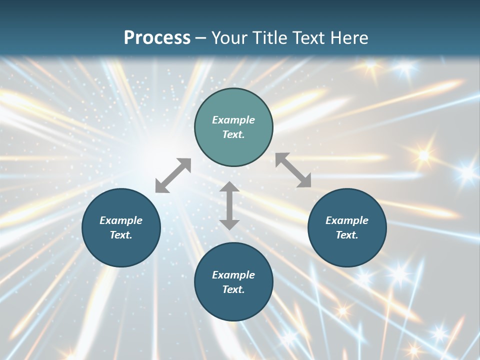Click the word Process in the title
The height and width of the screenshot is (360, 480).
[157, 37]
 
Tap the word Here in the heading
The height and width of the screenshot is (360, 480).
[348, 37]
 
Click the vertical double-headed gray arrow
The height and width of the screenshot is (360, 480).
[229, 205]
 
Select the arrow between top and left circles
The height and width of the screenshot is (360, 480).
[173, 175]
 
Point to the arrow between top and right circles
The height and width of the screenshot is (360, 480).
[293, 170]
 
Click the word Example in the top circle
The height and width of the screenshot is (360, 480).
[233, 120]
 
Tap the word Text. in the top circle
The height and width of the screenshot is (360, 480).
[233, 134]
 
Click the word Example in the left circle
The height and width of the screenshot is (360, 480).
[121, 220]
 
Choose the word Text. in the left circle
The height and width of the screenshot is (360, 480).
[121, 235]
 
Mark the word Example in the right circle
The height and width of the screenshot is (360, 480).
[347, 220]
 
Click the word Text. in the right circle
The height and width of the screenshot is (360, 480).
[347, 235]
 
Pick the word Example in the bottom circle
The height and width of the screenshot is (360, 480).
[233, 275]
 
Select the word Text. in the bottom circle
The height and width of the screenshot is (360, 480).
[233, 289]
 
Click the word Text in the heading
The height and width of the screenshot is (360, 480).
[307, 37]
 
